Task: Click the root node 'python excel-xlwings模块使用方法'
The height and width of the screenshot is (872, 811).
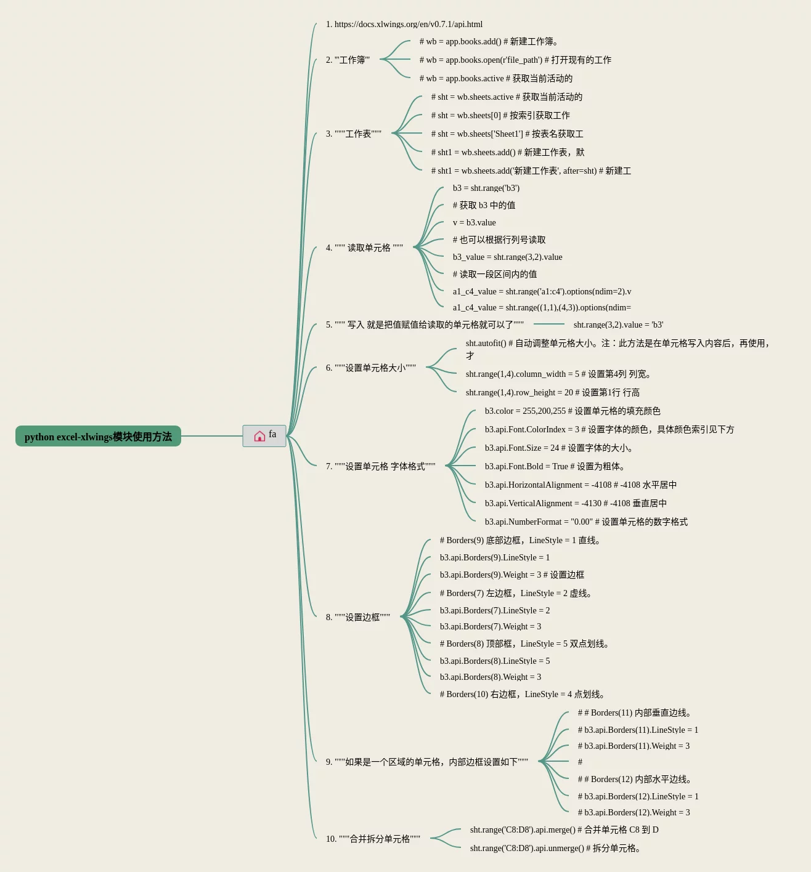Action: (x=98, y=437)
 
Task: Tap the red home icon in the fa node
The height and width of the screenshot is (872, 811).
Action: (x=259, y=436)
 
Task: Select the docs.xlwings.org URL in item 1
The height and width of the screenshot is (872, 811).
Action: (x=408, y=25)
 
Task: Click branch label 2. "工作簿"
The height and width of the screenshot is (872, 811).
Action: (x=348, y=60)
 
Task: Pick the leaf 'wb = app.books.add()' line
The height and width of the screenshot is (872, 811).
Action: (x=489, y=41)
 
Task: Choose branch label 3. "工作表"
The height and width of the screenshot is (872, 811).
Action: (x=354, y=134)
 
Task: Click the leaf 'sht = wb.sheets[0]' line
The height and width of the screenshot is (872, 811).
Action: (x=500, y=115)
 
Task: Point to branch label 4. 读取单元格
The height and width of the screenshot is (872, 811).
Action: (x=364, y=248)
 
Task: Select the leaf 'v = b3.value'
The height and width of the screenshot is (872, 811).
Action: (x=474, y=222)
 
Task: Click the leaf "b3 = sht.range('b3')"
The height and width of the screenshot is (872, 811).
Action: (x=486, y=188)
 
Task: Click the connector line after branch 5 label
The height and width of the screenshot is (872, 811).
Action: (x=548, y=324)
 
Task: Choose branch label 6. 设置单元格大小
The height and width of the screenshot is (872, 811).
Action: (x=371, y=368)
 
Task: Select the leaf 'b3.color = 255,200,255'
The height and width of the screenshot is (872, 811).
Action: (x=573, y=411)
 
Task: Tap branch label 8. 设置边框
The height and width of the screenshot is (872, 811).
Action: (x=358, y=617)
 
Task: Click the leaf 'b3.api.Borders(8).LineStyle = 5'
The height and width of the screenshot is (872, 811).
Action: (x=495, y=661)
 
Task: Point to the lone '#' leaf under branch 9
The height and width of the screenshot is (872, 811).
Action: (x=580, y=762)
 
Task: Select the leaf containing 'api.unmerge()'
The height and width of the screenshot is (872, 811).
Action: (x=555, y=848)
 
